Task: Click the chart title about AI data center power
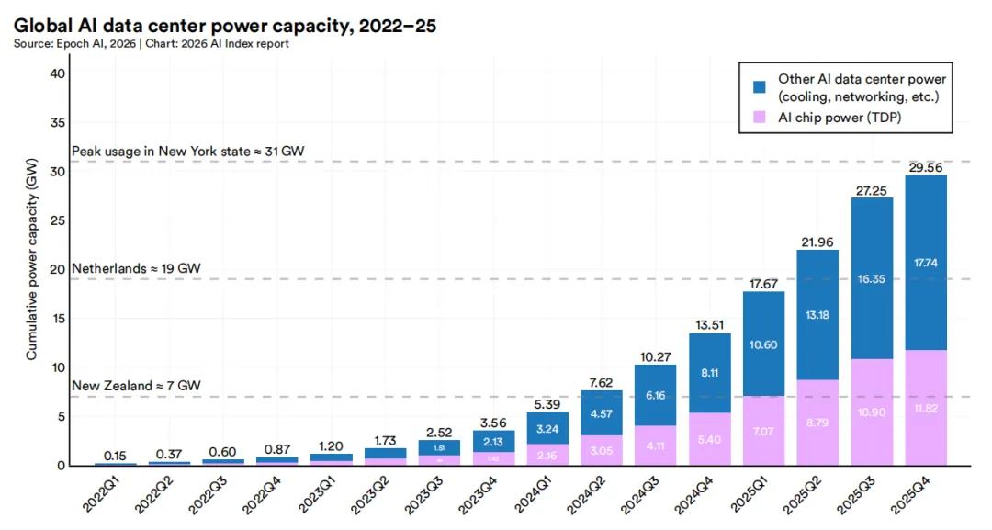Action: coord(224,27)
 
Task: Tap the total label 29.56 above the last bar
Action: coord(925,165)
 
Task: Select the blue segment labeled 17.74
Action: coord(925,262)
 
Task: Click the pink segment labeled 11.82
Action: coord(925,407)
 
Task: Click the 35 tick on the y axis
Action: coord(56,123)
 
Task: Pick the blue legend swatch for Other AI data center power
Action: coord(760,87)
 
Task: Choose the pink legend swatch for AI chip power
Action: coord(760,118)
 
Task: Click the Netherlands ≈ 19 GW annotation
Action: coord(136,268)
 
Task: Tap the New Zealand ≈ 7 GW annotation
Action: coord(136,386)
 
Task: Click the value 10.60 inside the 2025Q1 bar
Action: coord(762,344)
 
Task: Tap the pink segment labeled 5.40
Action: coord(710,439)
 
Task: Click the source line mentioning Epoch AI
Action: coord(152,44)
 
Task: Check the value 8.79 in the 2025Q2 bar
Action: coord(816,423)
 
